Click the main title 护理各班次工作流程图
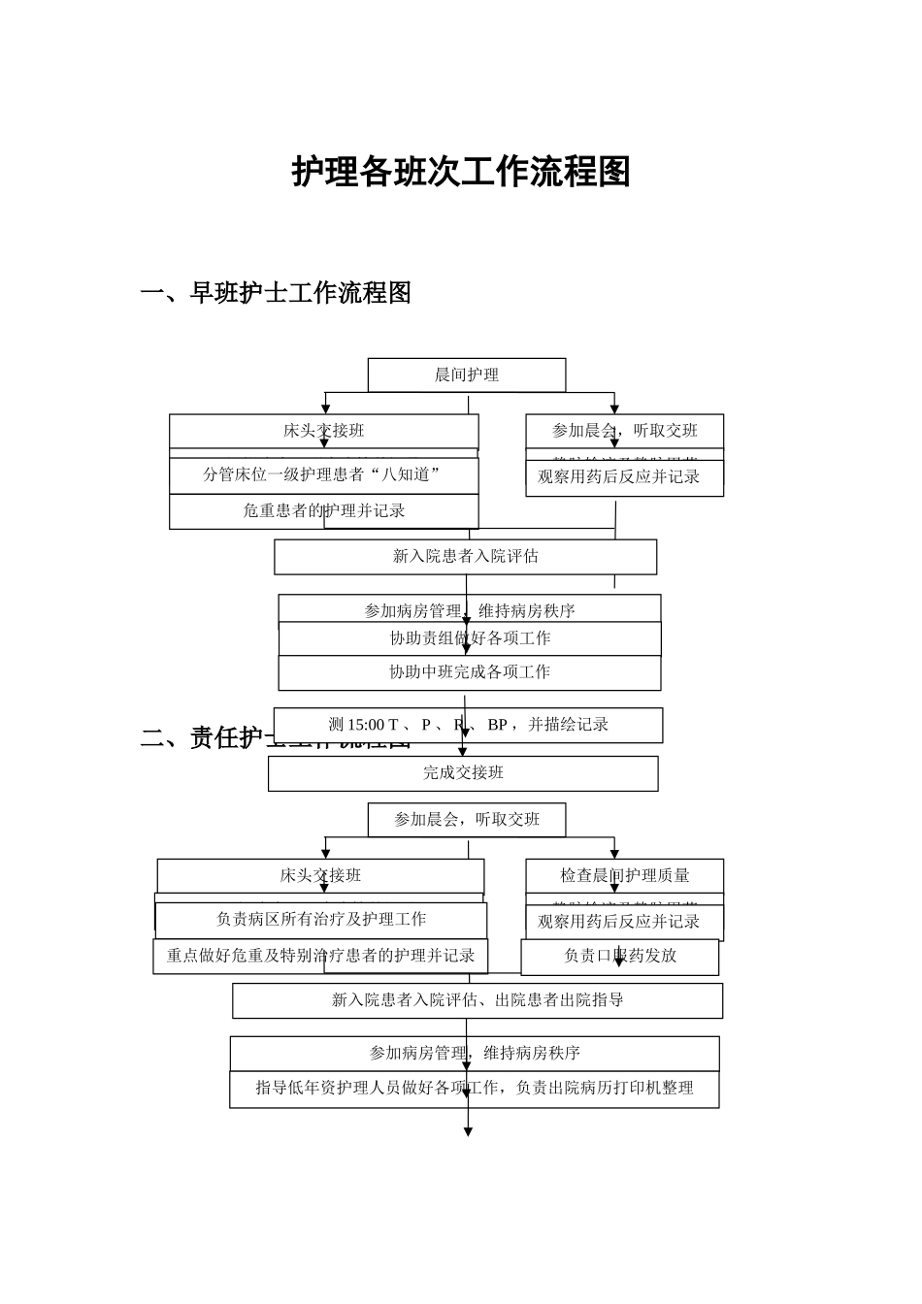(x=461, y=173)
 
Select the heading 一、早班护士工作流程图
(x=276, y=292)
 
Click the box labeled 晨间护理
(x=466, y=375)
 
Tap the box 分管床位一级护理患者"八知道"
(x=323, y=475)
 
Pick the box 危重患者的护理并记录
(x=323, y=511)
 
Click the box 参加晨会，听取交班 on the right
(x=624, y=431)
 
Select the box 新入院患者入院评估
(x=465, y=557)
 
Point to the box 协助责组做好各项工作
(x=470, y=638)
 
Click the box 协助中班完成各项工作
(x=470, y=672)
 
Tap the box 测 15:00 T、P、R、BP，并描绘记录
(x=468, y=725)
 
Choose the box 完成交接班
(x=463, y=773)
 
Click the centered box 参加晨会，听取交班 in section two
(x=466, y=820)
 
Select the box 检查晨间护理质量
(x=624, y=875)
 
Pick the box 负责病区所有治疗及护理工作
(x=321, y=920)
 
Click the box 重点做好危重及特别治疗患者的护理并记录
(x=320, y=956)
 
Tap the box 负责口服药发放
(x=619, y=957)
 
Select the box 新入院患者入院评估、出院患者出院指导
(x=477, y=1000)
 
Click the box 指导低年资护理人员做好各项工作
(x=475, y=1089)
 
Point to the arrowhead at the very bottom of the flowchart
(x=468, y=1131)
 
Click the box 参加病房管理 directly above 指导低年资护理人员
(x=475, y=1053)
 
